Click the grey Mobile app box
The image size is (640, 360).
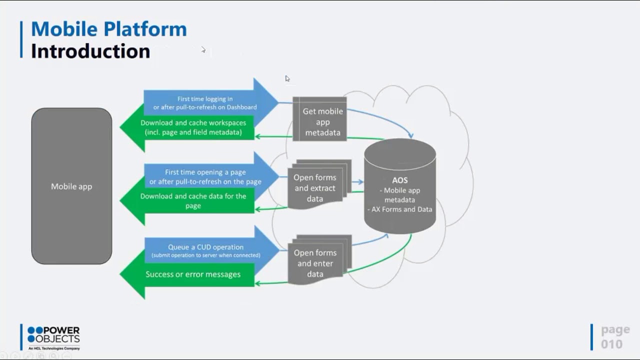click(x=71, y=186)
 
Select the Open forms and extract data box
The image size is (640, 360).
click(x=315, y=187)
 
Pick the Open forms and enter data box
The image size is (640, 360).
click(x=315, y=263)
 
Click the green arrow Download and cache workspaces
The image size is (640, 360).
click(x=193, y=127)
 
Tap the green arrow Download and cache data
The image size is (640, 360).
click(x=193, y=200)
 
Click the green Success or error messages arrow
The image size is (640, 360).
click(x=193, y=274)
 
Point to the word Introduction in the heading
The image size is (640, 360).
click(x=90, y=51)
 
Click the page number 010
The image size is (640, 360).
click(x=611, y=344)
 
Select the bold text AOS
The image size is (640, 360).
click(x=400, y=180)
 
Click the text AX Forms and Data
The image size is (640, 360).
click(x=402, y=209)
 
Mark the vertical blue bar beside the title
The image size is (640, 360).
click(x=21, y=39)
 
